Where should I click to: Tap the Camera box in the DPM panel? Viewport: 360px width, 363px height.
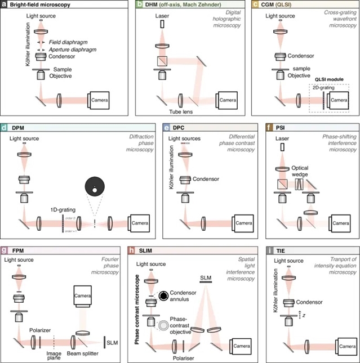point(141,223)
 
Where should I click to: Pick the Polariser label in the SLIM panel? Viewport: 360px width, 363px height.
point(180,355)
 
